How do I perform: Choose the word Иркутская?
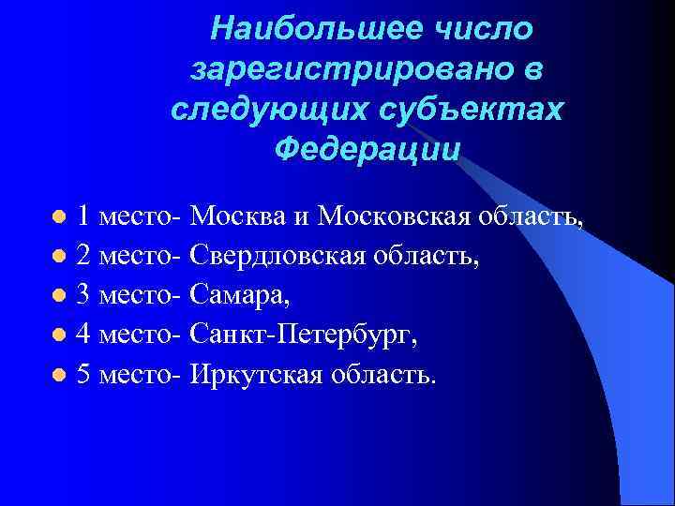(x=257, y=374)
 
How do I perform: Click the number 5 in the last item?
(x=83, y=374)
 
